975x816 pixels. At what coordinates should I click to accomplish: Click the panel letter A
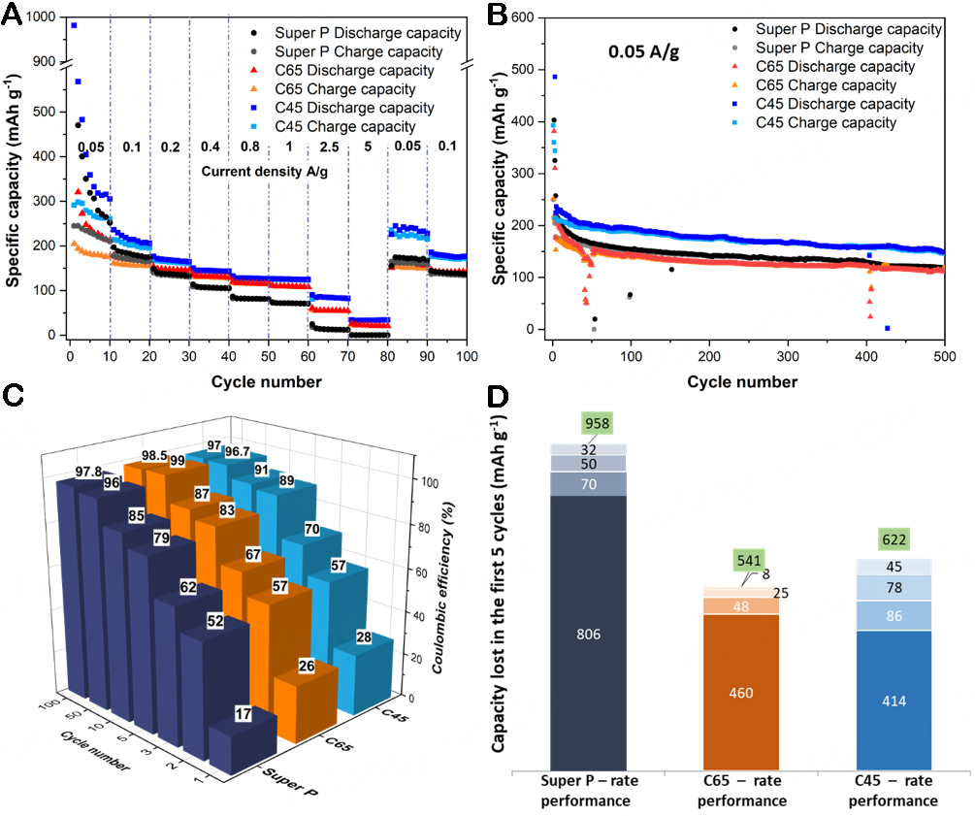click(14, 14)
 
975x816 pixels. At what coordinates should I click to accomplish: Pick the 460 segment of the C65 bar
click(740, 693)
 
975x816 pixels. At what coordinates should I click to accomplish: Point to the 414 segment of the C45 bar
click(893, 701)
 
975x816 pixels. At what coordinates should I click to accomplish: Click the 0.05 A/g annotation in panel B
click(642, 51)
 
